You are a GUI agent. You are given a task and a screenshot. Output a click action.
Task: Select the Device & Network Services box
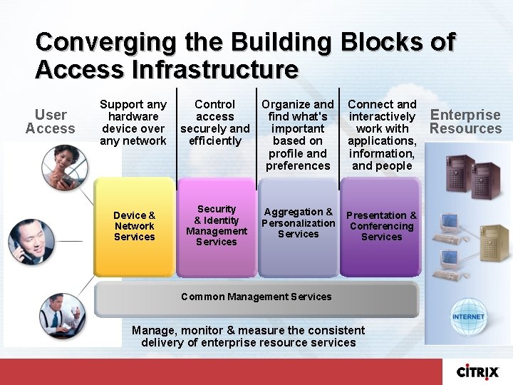[134, 227]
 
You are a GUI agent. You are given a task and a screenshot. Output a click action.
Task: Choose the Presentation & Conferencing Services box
[381, 227]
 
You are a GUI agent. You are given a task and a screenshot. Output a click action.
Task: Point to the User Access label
[50, 122]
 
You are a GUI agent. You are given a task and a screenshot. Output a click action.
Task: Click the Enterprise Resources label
[465, 122]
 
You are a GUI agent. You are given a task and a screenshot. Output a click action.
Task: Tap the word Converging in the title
[105, 42]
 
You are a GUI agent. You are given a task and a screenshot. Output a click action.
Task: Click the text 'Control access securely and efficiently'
[214, 122]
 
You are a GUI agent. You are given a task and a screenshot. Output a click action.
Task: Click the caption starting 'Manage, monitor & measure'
[248, 337]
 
